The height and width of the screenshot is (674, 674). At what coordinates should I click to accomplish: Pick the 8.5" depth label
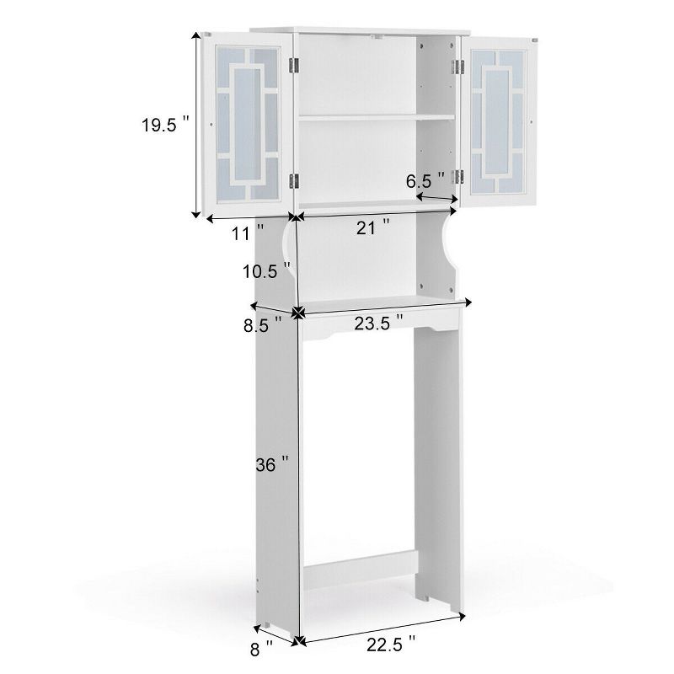coord(259,326)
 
